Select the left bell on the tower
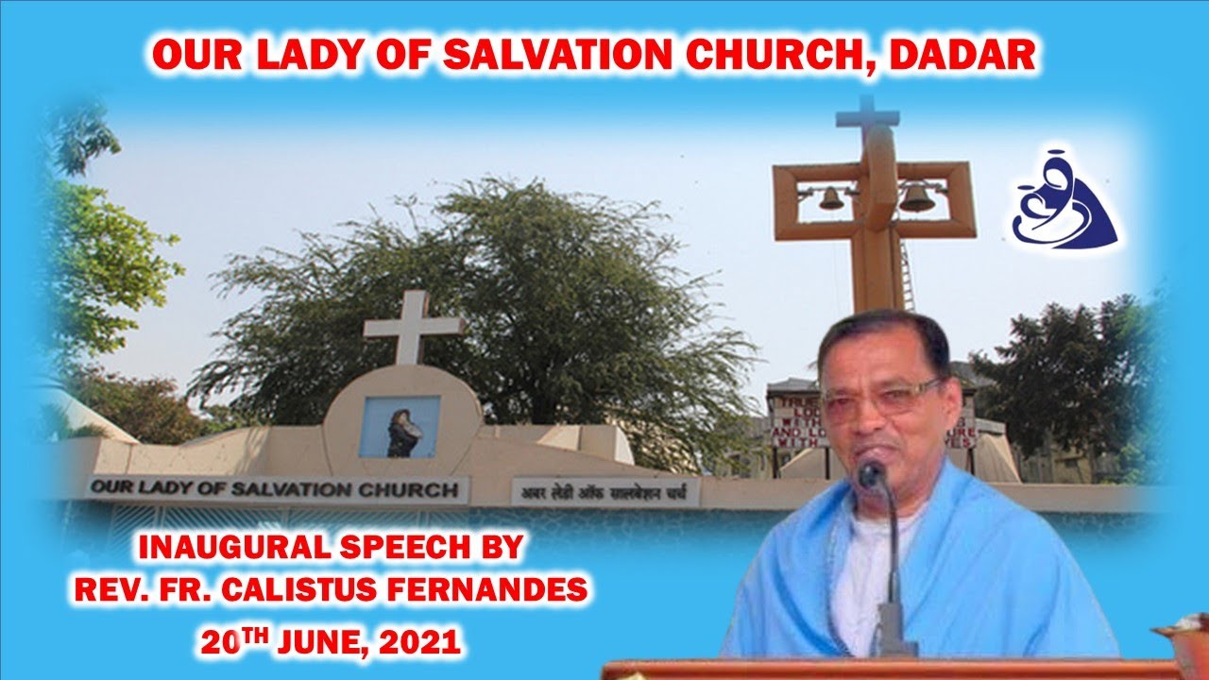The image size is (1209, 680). tap(832, 198)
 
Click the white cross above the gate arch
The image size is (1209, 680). tap(414, 326)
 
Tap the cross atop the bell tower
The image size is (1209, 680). tap(868, 118)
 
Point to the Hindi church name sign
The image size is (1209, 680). tap(604, 492)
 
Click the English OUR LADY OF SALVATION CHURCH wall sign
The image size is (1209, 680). tap(278, 489)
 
